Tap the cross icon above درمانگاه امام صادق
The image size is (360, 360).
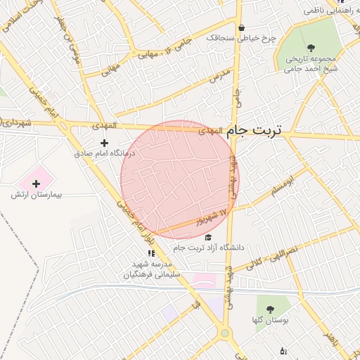tap(105, 143)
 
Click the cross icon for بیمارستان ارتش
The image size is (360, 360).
tap(37, 184)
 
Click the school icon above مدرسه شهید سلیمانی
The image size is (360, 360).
tap(150, 254)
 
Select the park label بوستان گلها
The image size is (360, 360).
tap(269, 321)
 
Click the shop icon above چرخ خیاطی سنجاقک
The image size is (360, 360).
tap(242, 28)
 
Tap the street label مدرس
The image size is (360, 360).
tap(221, 75)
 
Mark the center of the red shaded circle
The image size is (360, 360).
tap(180, 179)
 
